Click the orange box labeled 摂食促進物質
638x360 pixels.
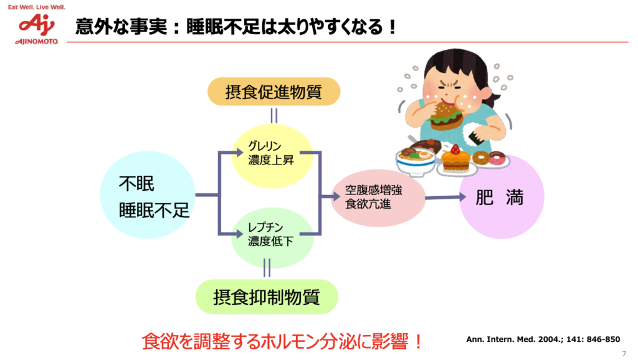(x=274, y=92)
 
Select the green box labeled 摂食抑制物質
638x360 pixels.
(x=267, y=297)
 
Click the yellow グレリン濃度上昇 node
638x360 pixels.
(x=271, y=153)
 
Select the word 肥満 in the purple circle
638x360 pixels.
(x=499, y=197)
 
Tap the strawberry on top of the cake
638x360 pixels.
(x=455, y=149)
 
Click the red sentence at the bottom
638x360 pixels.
(x=282, y=341)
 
